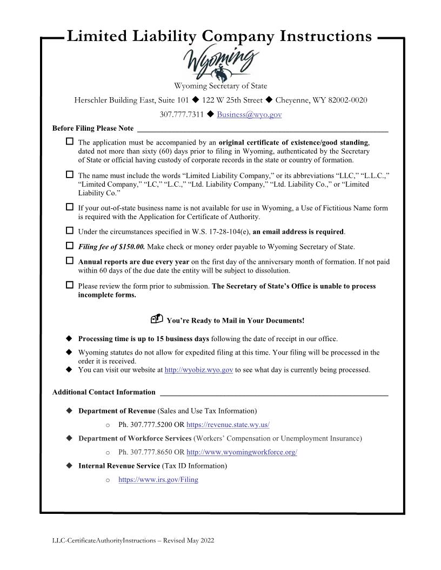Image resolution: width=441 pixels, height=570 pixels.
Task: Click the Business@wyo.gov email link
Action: (x=249, y=114)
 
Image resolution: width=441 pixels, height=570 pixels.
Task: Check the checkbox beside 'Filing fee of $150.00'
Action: (x=69, y=246)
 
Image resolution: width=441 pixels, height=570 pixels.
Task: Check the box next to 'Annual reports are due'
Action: (x=69, y=261)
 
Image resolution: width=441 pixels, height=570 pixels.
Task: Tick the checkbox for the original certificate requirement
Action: (x=69, y=141)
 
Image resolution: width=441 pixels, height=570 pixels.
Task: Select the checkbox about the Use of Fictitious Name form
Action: (x=69, y=207)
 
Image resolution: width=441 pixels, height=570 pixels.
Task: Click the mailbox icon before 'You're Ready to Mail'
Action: (x=157, y=320)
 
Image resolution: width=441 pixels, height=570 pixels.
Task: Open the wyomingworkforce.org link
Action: (x=241, y=452)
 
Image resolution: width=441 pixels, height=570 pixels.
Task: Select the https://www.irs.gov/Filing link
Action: (x=158, y=479)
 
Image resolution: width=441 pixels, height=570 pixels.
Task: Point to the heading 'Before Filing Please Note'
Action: (x=92, y=128)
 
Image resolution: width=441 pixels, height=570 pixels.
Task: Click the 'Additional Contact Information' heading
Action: (x=104, y=392)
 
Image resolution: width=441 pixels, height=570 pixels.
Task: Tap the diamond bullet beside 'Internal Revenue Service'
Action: (x=69, y=465)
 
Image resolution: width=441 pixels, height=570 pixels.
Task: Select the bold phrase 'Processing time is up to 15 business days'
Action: (x=143, y=339)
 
